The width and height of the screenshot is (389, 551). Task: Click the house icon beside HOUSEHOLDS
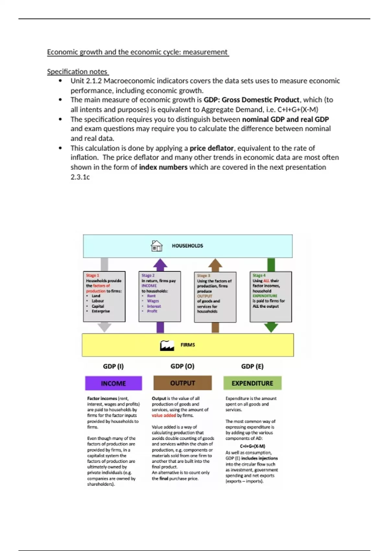tap(157, 246)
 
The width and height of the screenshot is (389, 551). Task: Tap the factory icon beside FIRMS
tap(167, 346)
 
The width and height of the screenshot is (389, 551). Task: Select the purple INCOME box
tap(113, 383)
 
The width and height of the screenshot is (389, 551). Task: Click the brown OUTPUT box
tap(183, 383)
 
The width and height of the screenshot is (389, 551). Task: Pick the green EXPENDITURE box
tap(252, 383)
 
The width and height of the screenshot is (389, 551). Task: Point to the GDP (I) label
tap(113, 366)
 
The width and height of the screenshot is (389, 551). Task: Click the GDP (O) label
tap(182, 366)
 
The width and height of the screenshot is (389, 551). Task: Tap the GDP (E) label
tap(252, 366)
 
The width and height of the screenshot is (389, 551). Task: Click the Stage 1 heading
tap(93, 275)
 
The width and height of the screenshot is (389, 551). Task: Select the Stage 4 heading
tap(259, 275)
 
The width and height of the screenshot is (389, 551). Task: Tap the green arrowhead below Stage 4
tap(271, 327)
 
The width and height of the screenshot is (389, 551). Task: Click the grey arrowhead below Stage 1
tap(104, 327)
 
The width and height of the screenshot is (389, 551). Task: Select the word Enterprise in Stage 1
tap(101, 311)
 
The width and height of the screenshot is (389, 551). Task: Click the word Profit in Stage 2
tap(152, 311)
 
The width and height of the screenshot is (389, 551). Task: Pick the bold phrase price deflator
tap(211, 148)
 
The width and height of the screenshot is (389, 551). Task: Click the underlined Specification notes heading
tap(77, 72)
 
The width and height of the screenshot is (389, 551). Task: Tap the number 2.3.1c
tap(80, 177)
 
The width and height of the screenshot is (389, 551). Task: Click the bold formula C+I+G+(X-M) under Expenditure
tap(253, 446)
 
